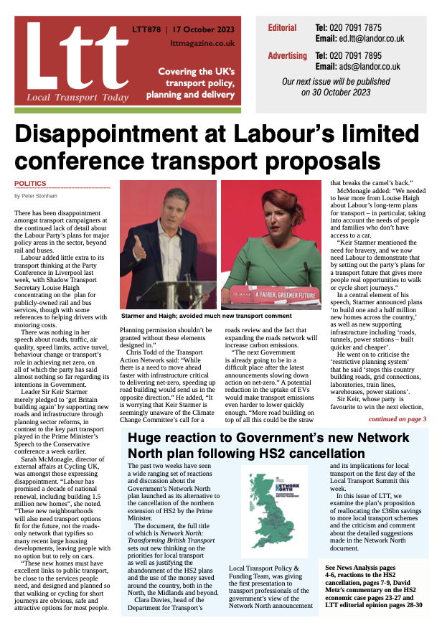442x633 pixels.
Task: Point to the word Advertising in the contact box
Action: click(287, 55)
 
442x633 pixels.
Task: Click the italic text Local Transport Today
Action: click(65, 96)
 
